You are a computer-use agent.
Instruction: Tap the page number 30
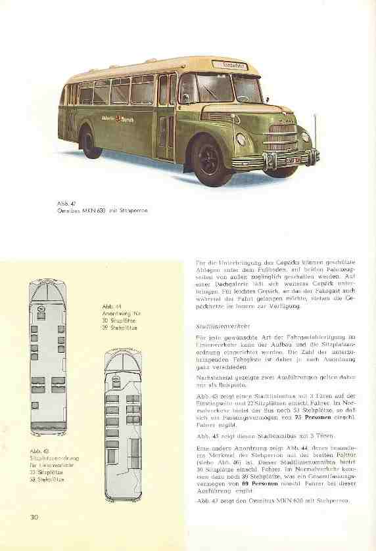(34, 535)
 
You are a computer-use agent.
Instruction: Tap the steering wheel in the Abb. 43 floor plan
(41, 305)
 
